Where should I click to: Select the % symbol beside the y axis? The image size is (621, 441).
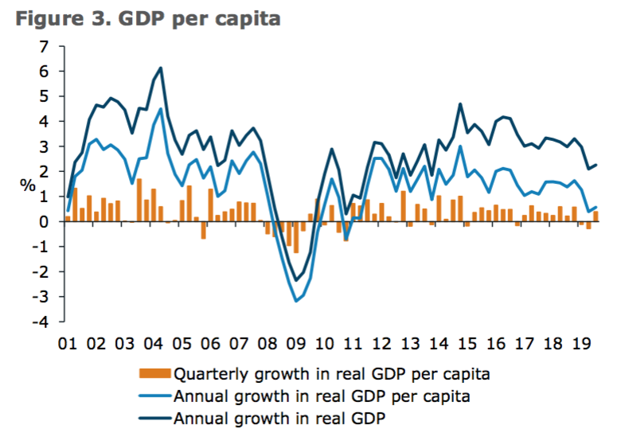[28, 185]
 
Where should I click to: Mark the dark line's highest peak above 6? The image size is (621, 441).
[161, 68]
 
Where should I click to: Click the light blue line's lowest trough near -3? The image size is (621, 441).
[296, 301]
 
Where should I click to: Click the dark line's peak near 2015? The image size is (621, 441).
[460, 104]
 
